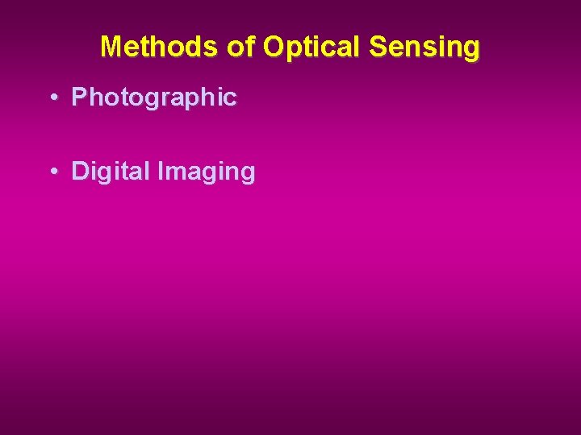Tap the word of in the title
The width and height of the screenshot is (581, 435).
pyautogui.click(x=241, y=47)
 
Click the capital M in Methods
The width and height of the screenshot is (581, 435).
pyautogui.click(x=112, y=47)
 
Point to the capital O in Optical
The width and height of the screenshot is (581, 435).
pyautogui.click(x=274, y=47)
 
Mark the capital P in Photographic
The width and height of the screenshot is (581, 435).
pyautogui.click(x=79, y=97)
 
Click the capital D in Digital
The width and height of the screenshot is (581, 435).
pyautogui.click(x=80, y=171)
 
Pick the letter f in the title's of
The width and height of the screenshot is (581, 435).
pyautogui.click(x=250, y=47)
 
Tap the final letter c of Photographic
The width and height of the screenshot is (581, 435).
pyautogui.click(x=231, y=98)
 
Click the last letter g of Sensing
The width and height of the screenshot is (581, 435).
pyautogui.click(x=470, y=50)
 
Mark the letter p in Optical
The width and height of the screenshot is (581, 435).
pyautogui.click(x=294, y=49)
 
